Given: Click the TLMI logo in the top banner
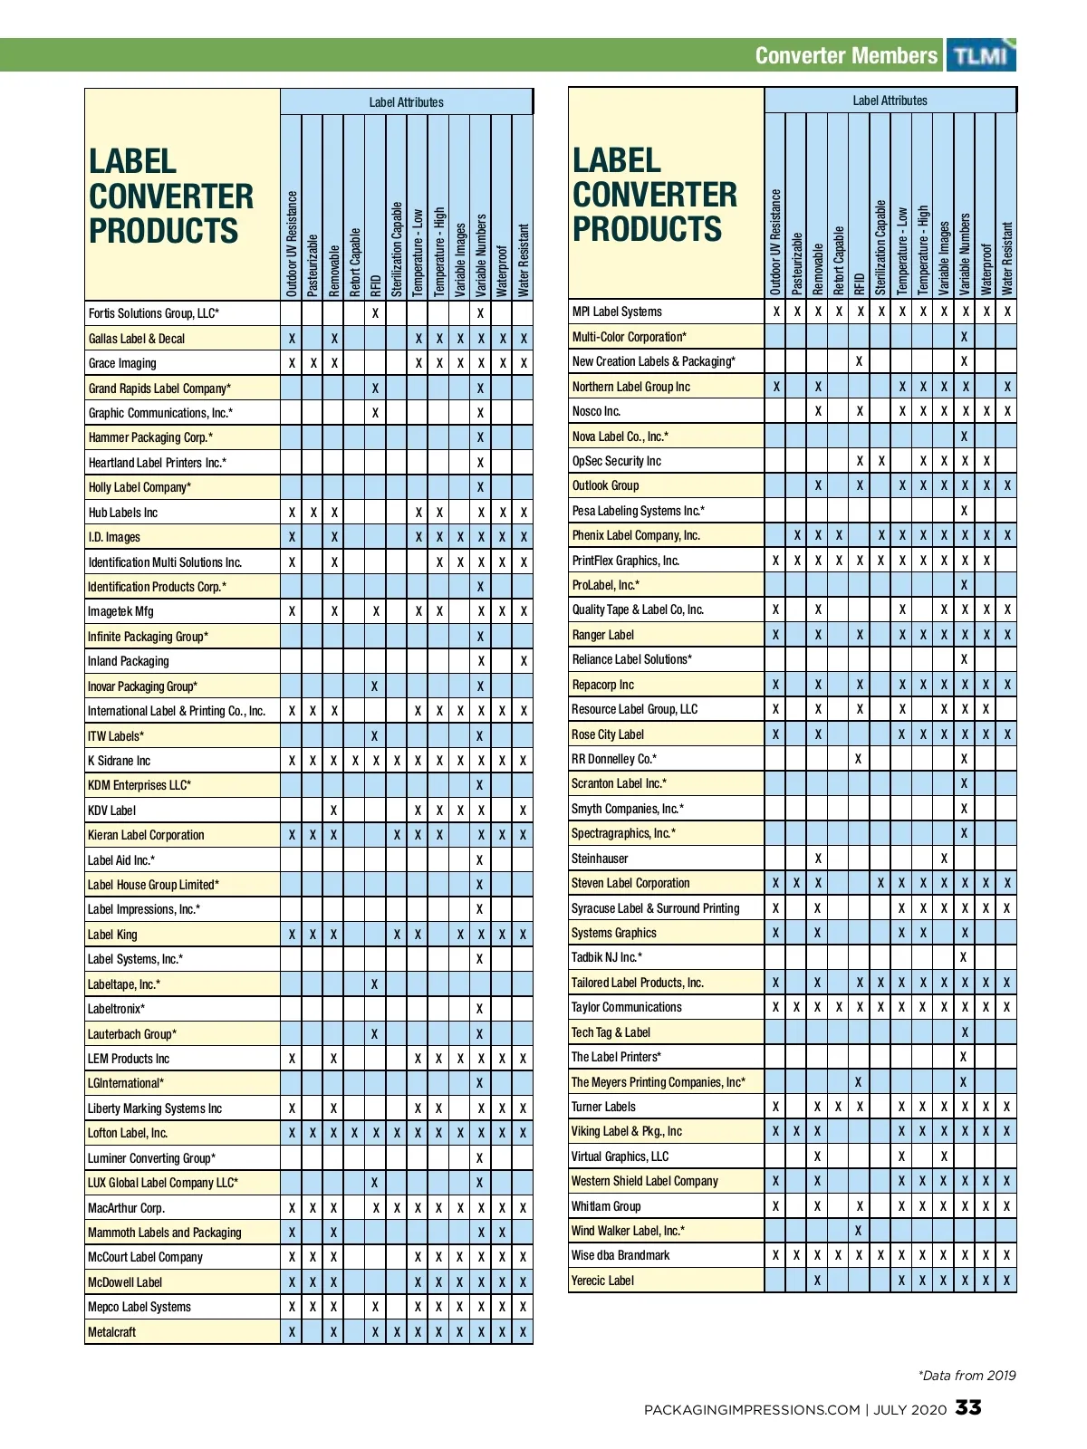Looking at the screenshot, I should click(980, 55).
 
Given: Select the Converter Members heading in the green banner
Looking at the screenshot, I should click(846, 55).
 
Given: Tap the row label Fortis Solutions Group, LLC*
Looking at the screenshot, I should click(154, 313).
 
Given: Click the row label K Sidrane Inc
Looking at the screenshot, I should click(120, 761).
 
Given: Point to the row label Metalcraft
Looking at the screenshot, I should click(112, 1332).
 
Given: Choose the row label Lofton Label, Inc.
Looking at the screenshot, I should click(128, 1133).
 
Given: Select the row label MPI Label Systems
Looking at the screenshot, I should click(617, 312).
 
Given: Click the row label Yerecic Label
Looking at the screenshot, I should click(602, 1281).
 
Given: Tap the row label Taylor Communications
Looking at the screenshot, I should click(627, 1007).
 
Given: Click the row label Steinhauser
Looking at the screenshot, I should click(600, 859).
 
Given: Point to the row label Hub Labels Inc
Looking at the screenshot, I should click(123, 513).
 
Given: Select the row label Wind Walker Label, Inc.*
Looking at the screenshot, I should click(628, 1231).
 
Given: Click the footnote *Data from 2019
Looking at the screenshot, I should click(967, 1376).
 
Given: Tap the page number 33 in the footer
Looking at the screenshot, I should click(968, 1407).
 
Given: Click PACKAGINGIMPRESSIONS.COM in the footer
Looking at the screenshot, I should click(752, 1409).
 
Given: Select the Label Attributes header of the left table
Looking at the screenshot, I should click(406, 102).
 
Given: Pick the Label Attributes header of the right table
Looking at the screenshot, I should click(890, 101).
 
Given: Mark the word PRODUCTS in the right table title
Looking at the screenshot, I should click(648, 228).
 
